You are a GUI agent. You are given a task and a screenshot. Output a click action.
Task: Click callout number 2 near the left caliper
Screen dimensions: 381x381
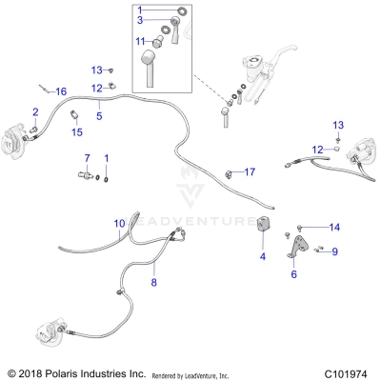35,111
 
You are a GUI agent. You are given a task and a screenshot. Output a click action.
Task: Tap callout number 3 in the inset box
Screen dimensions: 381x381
139,19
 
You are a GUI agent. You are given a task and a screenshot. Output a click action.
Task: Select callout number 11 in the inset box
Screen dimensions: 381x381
140,41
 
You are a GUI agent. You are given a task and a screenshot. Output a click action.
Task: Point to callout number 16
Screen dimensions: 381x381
60,90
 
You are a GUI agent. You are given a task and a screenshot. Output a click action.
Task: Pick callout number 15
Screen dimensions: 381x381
78,132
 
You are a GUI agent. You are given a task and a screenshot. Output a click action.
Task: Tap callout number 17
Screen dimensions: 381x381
250,171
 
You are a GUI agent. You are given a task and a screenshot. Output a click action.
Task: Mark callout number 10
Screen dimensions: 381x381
119,224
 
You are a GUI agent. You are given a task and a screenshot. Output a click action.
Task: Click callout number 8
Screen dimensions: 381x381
153,282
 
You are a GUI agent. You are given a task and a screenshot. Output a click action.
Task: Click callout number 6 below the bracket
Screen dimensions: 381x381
293,274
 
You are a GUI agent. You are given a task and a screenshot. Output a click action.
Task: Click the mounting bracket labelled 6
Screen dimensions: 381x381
294,253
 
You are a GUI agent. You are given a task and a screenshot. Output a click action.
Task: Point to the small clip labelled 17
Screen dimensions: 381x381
231,172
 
